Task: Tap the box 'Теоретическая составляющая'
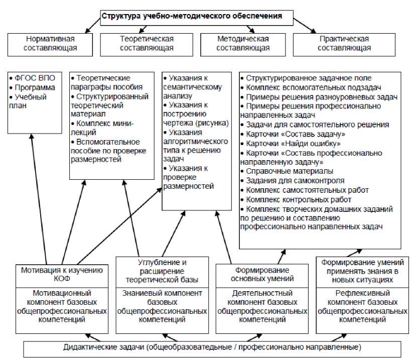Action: (147, 44)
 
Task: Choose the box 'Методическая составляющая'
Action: (243, 44)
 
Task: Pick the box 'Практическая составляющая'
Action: (344, 44)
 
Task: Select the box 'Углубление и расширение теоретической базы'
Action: (162, 271)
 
